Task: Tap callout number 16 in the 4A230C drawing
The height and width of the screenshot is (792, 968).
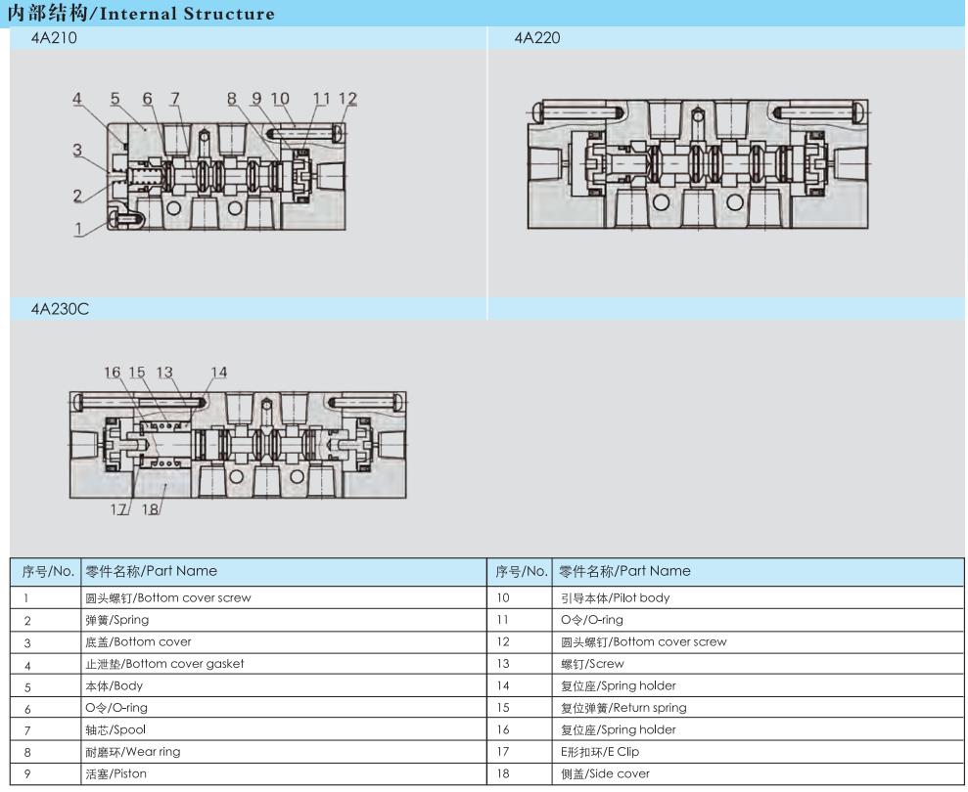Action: pyautogui.click(x=113, y=372)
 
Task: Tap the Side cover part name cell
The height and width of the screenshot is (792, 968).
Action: pyautogui.click(x=604, y=774)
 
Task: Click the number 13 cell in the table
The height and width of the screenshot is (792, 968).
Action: pyautogui.click(x=505, y=663)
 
